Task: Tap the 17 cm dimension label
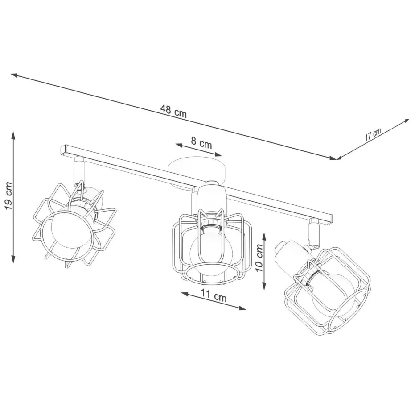click(373, 135)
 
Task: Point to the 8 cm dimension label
click(201, 142)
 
